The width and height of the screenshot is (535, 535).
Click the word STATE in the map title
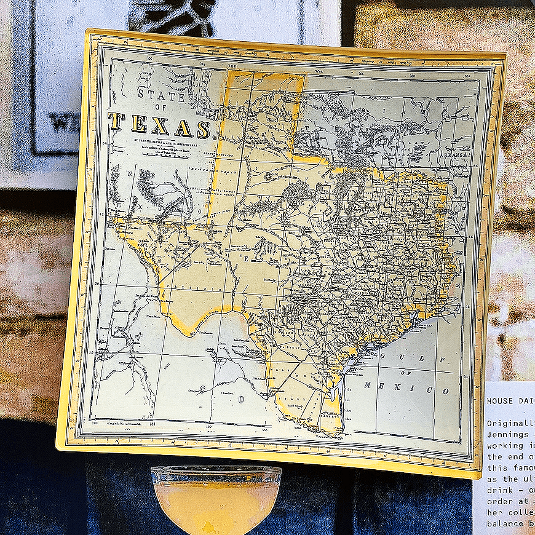pyautogui.click(x=161, y=95)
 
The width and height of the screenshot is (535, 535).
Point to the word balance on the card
pyautogui.click(x=503, y=523)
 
